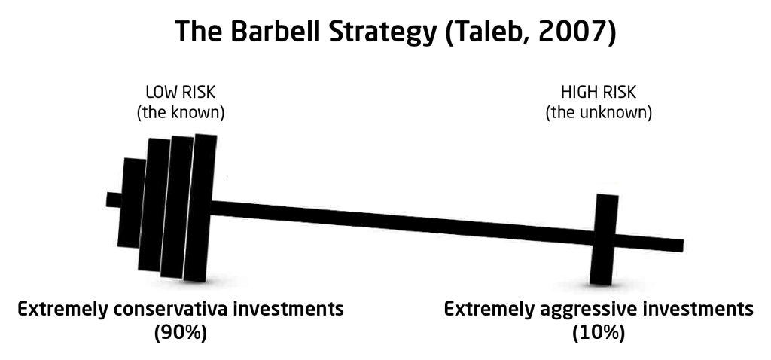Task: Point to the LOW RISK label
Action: point(181,92)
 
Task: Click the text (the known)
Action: point(180,113)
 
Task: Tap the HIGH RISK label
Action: point(599,92)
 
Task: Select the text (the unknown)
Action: point(599,113)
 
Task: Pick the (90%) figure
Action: point(181,333)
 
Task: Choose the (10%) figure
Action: point(599,333)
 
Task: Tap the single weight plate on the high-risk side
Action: point(604,239)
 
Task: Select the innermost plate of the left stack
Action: point(200,208)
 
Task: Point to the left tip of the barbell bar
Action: point(107,199)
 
